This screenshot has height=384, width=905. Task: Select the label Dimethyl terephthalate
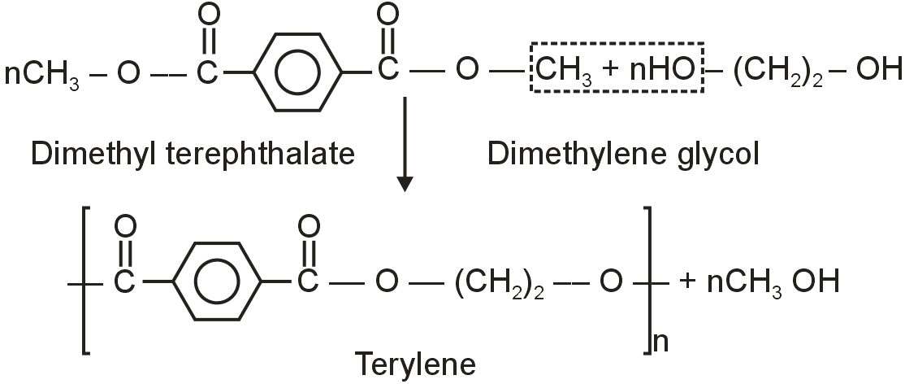(193, 152)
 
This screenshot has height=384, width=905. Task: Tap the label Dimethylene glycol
(623, 152)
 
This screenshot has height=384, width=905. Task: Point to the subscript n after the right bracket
(661, 342)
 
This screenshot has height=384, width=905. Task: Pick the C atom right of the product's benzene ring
(306, 283)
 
